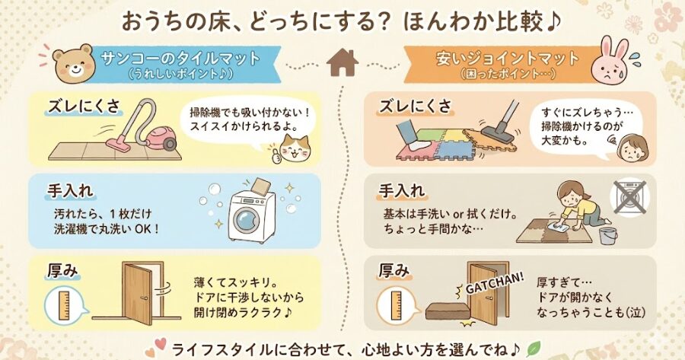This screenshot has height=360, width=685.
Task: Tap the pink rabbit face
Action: click(615, 63)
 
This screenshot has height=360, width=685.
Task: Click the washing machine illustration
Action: click(251, 213)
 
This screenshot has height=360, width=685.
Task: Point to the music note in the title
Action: click(552, 21)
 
